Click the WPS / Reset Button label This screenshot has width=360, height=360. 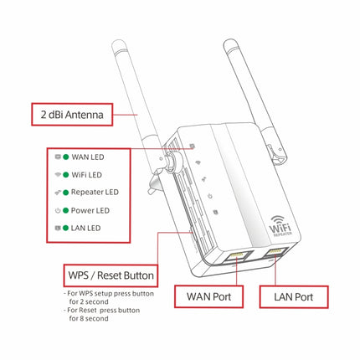coord(110,275)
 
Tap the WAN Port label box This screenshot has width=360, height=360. coord(208,296)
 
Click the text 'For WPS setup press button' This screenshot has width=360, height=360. coord(109,295)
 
